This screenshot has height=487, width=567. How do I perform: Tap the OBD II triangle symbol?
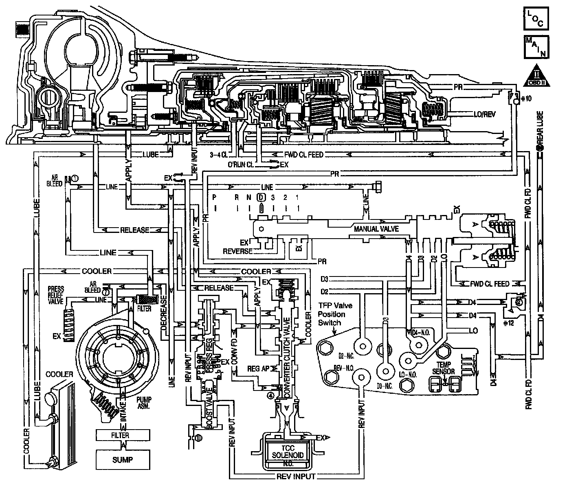click(x=537, y=76)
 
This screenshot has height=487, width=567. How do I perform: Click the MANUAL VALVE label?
click(x=376, y=229)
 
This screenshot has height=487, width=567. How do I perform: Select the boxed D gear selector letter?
click(x=261, y=197)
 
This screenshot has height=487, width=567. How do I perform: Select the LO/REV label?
click(x=485, y=115)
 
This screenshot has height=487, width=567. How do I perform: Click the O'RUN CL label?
click(x=240, y=165)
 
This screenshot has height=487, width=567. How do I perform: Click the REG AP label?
click(x=259, y=369)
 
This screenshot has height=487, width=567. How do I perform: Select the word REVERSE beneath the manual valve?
click(x=237, y=251)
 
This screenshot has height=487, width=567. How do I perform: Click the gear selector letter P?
click(x=214, y=197)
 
